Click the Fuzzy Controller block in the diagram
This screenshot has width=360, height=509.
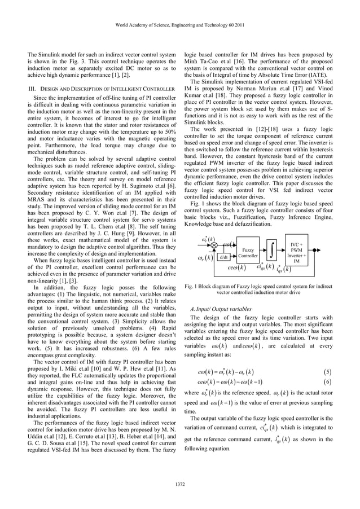247,252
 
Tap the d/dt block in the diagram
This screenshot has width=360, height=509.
223,258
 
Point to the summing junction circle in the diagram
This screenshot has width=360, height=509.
214,244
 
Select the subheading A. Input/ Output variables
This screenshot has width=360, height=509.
221,309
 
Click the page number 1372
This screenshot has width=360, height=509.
180,484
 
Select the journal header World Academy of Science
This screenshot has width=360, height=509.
179,24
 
